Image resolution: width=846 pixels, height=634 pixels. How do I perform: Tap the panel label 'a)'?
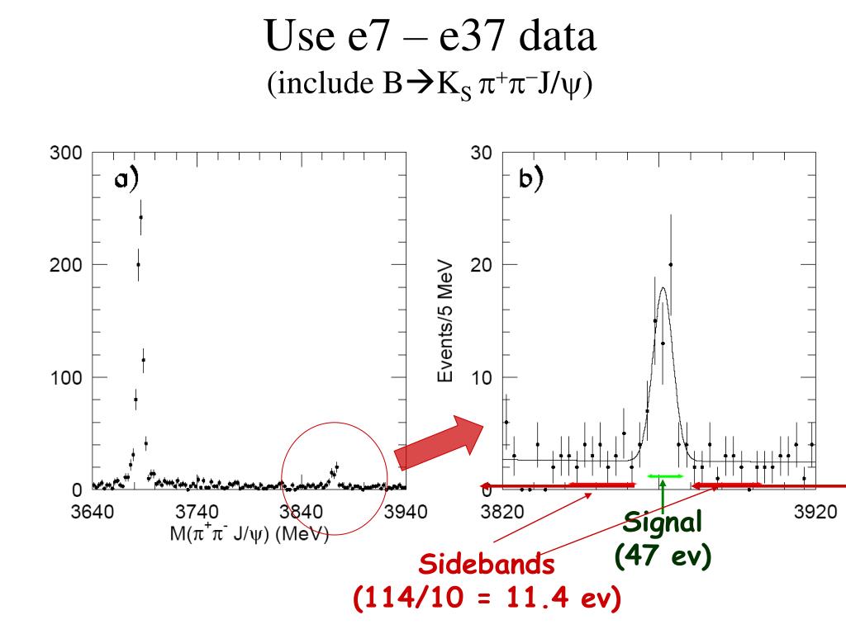click(x=126, y=180)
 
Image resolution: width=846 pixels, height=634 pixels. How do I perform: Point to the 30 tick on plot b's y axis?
click(x=482, y=154)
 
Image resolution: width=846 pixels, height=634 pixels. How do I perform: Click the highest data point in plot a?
click(x=141, y=217)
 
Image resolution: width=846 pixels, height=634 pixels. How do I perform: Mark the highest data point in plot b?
click(x=671, y=264)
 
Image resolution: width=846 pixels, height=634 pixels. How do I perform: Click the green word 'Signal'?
click(x=662, y=522)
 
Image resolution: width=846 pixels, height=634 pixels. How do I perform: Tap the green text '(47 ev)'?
click(x=663, y=557)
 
